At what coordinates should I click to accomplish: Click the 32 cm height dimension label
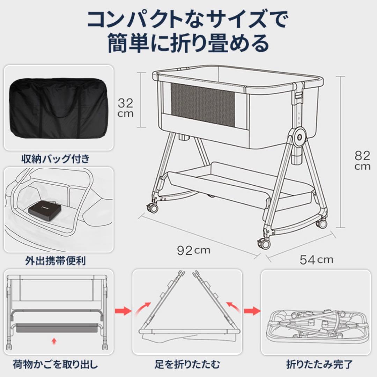pyautogui.click(x=125, y=108)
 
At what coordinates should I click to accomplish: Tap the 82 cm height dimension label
pyautogui.click(x=362, y=160)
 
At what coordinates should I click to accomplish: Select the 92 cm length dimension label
pyautogui.click(x=194, y=250)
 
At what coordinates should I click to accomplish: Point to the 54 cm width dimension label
pyautogui.click(x=316, y=259)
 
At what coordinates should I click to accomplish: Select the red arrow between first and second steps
pyautogui.click(x=123, y=310)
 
